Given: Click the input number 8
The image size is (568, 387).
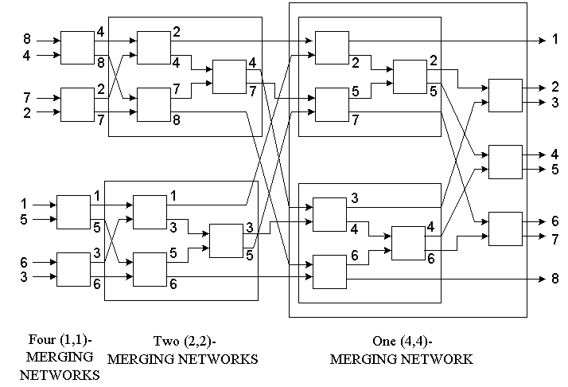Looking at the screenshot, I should click(x=26, y=38).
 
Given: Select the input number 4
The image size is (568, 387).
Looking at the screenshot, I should click(x=26, y=56).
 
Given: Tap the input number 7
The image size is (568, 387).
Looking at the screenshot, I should click(x=26, y=96).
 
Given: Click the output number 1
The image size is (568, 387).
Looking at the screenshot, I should click(x=554, y=39).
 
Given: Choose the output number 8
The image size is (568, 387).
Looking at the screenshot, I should click(x=554, y=279).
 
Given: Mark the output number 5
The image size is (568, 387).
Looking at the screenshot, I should click(x=554, y=170).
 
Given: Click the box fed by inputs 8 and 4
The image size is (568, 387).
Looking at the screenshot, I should click(x=77, y=48).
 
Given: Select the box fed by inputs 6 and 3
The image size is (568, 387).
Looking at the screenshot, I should click(x=73, y=268).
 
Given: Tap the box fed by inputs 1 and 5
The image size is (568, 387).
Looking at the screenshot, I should click(x=73, y=211).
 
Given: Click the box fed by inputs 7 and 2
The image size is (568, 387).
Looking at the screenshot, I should click(x=77, y=104).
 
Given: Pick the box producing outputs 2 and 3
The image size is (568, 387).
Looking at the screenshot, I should click(x=504, y=96).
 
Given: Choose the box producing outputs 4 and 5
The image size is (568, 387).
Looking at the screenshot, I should click(x=504, y=162).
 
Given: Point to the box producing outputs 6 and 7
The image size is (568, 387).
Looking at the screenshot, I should click(x=504, y=229).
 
